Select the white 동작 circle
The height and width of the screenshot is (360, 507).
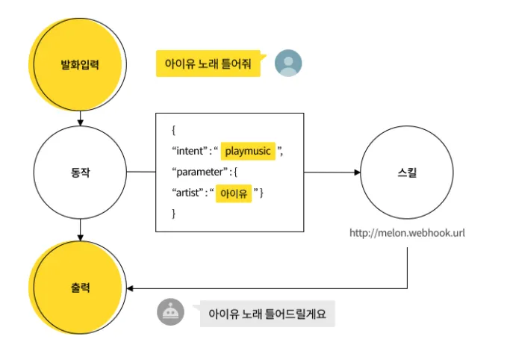(79, 172)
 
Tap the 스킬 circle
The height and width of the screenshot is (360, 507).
(407, 172)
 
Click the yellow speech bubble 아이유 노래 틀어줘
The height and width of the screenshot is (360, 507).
(208, 63)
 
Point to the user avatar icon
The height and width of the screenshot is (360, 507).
(288, 63)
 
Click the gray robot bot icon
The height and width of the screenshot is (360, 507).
(170, 312)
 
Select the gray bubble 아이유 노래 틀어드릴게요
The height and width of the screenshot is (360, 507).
(267, 313)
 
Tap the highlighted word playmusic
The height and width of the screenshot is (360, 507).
(248, 151)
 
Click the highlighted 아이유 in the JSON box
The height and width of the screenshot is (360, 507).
(234, 193)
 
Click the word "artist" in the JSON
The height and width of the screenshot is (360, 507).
(189, 193)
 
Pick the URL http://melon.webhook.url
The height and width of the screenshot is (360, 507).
(407, 233)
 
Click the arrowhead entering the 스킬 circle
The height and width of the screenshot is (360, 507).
(358, 173)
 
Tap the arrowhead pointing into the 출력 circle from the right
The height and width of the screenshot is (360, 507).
(131, 288)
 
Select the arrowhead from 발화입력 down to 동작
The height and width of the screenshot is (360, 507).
(79, 120)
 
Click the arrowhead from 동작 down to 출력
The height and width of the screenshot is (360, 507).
(79, 236)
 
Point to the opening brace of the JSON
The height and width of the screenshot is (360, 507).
(174, 130)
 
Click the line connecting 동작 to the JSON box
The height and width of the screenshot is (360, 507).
(140, 172)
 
